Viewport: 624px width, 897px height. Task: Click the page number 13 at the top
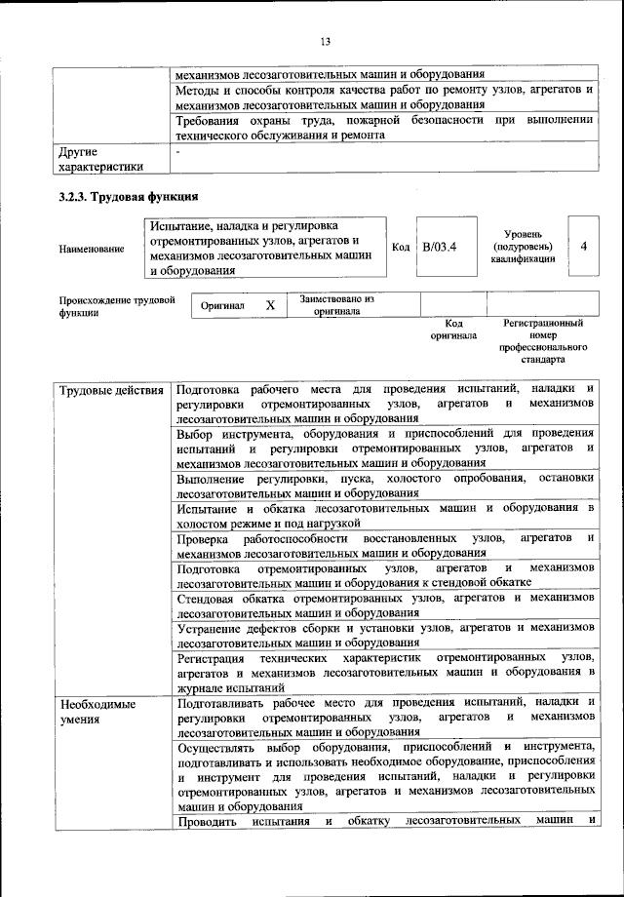tap(325, 40)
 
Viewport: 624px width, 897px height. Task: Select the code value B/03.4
tap(440, 248)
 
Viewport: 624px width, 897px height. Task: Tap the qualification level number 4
tap(583, 247)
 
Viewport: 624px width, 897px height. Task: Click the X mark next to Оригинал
tap(270, 305)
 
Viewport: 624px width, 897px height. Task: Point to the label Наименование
tap(92, 250)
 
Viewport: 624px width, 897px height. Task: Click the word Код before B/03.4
tap(400, 248)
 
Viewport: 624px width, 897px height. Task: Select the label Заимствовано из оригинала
tap(337, 305)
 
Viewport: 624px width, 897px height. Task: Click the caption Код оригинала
tap(453, 329)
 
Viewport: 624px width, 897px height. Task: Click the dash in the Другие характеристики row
tap(177, 153)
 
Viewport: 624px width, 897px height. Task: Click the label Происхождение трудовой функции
tap(116, 306)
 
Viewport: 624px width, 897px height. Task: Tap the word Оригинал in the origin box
tap(222, 305)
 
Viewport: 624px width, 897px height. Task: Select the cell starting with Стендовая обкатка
tap(385, 604)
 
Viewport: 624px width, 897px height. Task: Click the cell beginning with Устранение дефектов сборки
tap(385, 636)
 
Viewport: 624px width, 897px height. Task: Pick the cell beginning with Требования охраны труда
tap(385, 128)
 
